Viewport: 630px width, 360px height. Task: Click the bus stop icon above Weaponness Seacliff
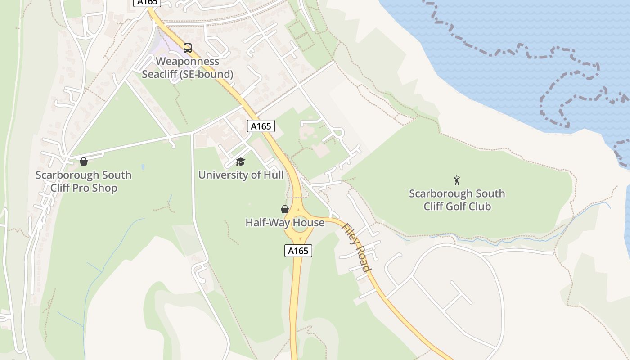188,48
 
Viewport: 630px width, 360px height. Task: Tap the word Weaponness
188,62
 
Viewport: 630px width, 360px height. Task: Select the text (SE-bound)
207,74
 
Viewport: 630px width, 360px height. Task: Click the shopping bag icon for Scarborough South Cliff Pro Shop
84,161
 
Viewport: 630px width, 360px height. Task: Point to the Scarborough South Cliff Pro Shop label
84,181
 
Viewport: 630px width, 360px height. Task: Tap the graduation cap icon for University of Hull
241,162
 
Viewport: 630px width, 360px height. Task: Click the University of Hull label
241,175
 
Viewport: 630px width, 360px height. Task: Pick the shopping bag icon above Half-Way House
285,209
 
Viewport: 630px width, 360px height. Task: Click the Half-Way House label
285,223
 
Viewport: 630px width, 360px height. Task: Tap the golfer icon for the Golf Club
457,180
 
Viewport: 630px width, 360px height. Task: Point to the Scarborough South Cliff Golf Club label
457,200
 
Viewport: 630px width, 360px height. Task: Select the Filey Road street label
357,247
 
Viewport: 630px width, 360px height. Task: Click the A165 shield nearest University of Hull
261,126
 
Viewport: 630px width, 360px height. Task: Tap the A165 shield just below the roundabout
298,251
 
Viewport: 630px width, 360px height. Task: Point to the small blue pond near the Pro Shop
143,167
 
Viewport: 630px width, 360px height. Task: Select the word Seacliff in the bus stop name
160,74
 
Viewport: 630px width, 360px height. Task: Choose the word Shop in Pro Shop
104,188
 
